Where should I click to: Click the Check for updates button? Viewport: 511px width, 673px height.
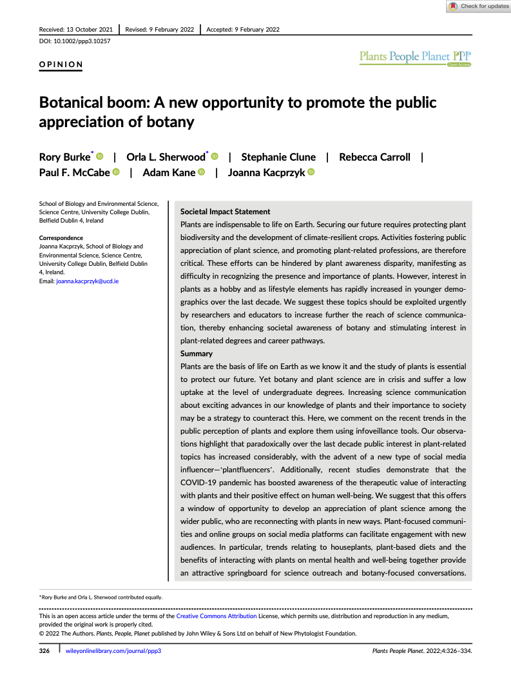[478, 6]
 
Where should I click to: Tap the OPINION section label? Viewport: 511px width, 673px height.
[61, 65]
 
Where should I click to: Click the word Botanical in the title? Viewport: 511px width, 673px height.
[75, 103]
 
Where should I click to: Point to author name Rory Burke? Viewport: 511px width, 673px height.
[64, 157]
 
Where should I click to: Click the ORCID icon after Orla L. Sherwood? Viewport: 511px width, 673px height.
[215, 157]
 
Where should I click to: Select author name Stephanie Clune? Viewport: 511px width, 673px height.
[278, 157]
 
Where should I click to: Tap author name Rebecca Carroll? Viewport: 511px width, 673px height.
[374, 157]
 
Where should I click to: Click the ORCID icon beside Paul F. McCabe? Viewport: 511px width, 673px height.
[116, 172]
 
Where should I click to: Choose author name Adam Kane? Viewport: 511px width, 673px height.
[169, 172]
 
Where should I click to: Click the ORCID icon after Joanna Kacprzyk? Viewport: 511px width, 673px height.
[311, 172]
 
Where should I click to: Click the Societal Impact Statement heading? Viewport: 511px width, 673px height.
[225, 212]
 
